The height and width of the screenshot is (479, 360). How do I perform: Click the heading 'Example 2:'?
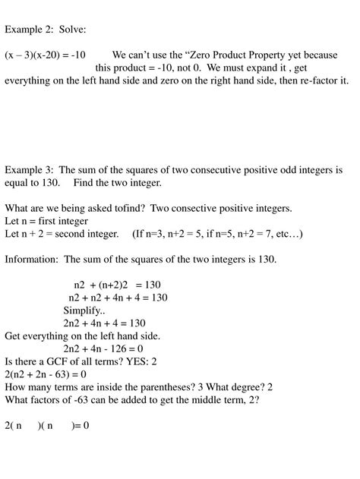click(x=30, y=30)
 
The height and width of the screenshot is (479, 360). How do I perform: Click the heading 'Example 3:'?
click(x=30, y=171)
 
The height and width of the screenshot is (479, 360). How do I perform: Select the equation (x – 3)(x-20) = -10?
click(x=45, y=55)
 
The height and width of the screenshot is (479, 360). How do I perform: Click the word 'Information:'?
click(x=31, y=260)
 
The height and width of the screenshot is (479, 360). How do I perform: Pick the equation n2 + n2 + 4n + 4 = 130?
click(x=117, y=298)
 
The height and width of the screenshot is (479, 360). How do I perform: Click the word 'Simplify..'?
click(x=84, y=310)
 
